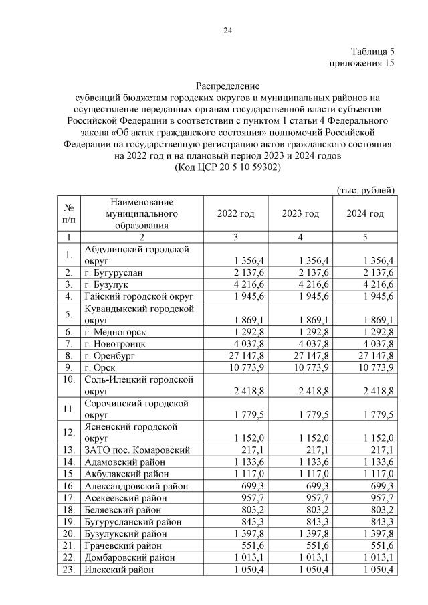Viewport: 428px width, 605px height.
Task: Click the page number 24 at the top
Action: (x=227, y=30)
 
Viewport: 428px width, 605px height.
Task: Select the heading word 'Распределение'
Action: (x=227, y=86)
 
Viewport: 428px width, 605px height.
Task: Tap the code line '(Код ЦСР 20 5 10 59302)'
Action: (x=227, y=167)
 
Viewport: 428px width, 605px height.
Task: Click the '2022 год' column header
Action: (x=236, y=214)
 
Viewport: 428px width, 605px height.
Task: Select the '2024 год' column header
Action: (x=365, y=214)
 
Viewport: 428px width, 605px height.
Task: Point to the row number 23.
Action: (x=68, y=570)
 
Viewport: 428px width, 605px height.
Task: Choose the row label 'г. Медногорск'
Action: (x=115, y=332)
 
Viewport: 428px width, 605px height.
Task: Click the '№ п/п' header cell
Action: (x=68, y=213)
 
